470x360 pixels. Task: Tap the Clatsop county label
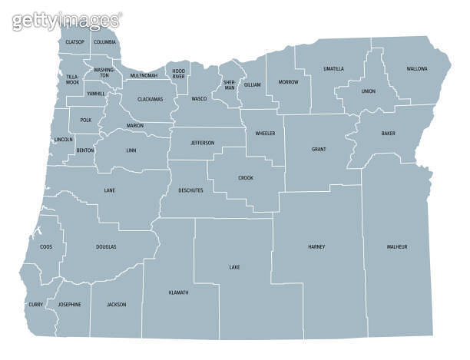[74, 41]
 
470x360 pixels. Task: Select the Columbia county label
[104, 41]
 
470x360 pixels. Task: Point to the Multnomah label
[144, 76]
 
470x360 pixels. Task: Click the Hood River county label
[178, 74]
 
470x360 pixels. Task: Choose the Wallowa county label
[417, 68]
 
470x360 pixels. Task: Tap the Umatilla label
[333, 69]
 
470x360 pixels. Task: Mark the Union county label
[369, 91]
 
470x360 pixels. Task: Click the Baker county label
[389, 134]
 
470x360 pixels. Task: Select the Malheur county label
[397, 246]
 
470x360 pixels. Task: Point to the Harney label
[316, 247]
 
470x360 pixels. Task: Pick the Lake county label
[234, 267]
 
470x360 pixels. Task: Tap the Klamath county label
[178, 292]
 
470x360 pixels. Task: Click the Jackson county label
[116, 304]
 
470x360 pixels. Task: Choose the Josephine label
[69, 304]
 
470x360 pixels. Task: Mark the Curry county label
[36, 304]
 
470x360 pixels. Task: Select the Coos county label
[45, 247]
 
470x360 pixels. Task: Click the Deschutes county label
[190, 190]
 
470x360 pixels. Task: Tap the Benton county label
[84, 150]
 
